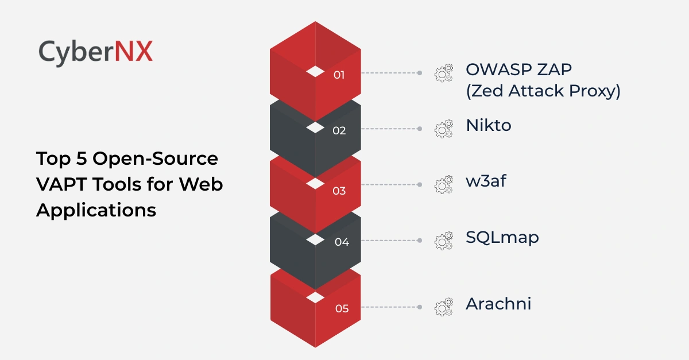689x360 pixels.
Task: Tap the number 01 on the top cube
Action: (339, 75)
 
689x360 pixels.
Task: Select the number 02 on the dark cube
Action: (339, 131)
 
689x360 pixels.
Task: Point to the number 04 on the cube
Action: (342, 242)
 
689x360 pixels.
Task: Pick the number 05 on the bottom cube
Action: (342, 309)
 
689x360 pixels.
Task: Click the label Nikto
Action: (489, 125)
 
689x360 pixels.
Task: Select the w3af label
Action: (486, 181)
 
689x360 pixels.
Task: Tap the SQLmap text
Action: (502, 237)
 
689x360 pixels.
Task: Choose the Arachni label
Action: (498, 304)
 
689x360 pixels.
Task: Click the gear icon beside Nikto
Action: (443, 129)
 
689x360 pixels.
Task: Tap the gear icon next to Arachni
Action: (443, 307)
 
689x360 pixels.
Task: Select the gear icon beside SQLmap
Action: (443, 241)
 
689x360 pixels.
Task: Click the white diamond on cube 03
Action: (315, 183)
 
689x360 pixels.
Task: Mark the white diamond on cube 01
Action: (315, 71)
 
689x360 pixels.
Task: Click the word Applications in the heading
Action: (96, 210)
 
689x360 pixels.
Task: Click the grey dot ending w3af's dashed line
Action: (420, 185)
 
